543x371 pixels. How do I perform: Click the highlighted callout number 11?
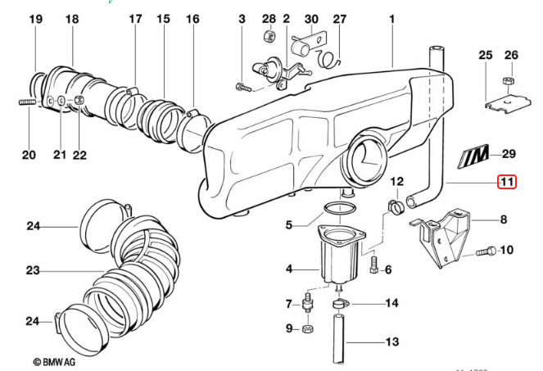pos(508,181)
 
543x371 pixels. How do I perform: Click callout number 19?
pos(34,18)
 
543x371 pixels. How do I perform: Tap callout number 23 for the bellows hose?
pos(33,269)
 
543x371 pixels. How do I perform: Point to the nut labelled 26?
pos(507,81)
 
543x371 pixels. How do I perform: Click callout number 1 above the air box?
pos(391,18)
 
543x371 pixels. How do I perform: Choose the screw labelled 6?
pos(374,265)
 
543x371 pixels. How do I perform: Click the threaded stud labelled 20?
pos(25,102)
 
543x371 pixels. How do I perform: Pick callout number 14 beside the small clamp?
pos(391,303)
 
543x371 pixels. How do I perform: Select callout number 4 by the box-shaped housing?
pos(288,268)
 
